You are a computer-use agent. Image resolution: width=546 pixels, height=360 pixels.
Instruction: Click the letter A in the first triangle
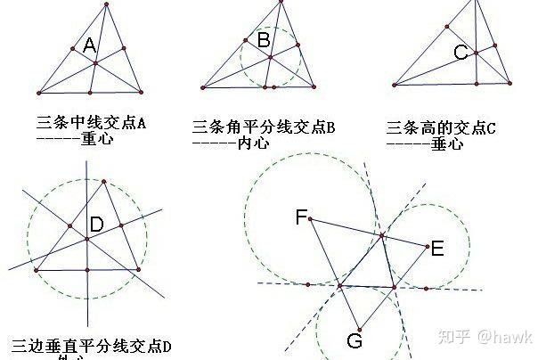pyautogui.click(x=89, y=46)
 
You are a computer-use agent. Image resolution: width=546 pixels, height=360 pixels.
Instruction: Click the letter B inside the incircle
pyautogui.click(x=264, y=39)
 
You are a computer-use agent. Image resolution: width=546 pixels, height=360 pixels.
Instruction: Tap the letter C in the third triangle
pyautogui.click(x=460, y=53)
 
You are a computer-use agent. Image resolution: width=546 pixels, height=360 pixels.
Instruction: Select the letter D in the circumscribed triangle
pyautogui.click(x=97, y=223)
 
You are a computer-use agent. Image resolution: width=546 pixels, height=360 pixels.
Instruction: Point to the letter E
pyautogui.click(x=436, y=250)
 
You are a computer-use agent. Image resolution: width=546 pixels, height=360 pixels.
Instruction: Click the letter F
pyautogui.click(x=301, y=216)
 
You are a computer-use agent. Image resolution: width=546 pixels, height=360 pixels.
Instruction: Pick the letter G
pyautogui.click(x=354, y=341)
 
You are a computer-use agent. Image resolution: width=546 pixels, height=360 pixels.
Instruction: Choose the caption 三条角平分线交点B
pyautogui.click(x=264, y=127)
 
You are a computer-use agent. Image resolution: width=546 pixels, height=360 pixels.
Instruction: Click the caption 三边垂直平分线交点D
pyautogui.click(x=91, y=345)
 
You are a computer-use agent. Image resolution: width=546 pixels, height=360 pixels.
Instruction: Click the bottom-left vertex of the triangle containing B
pyautogui.click(x=203, y=87)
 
